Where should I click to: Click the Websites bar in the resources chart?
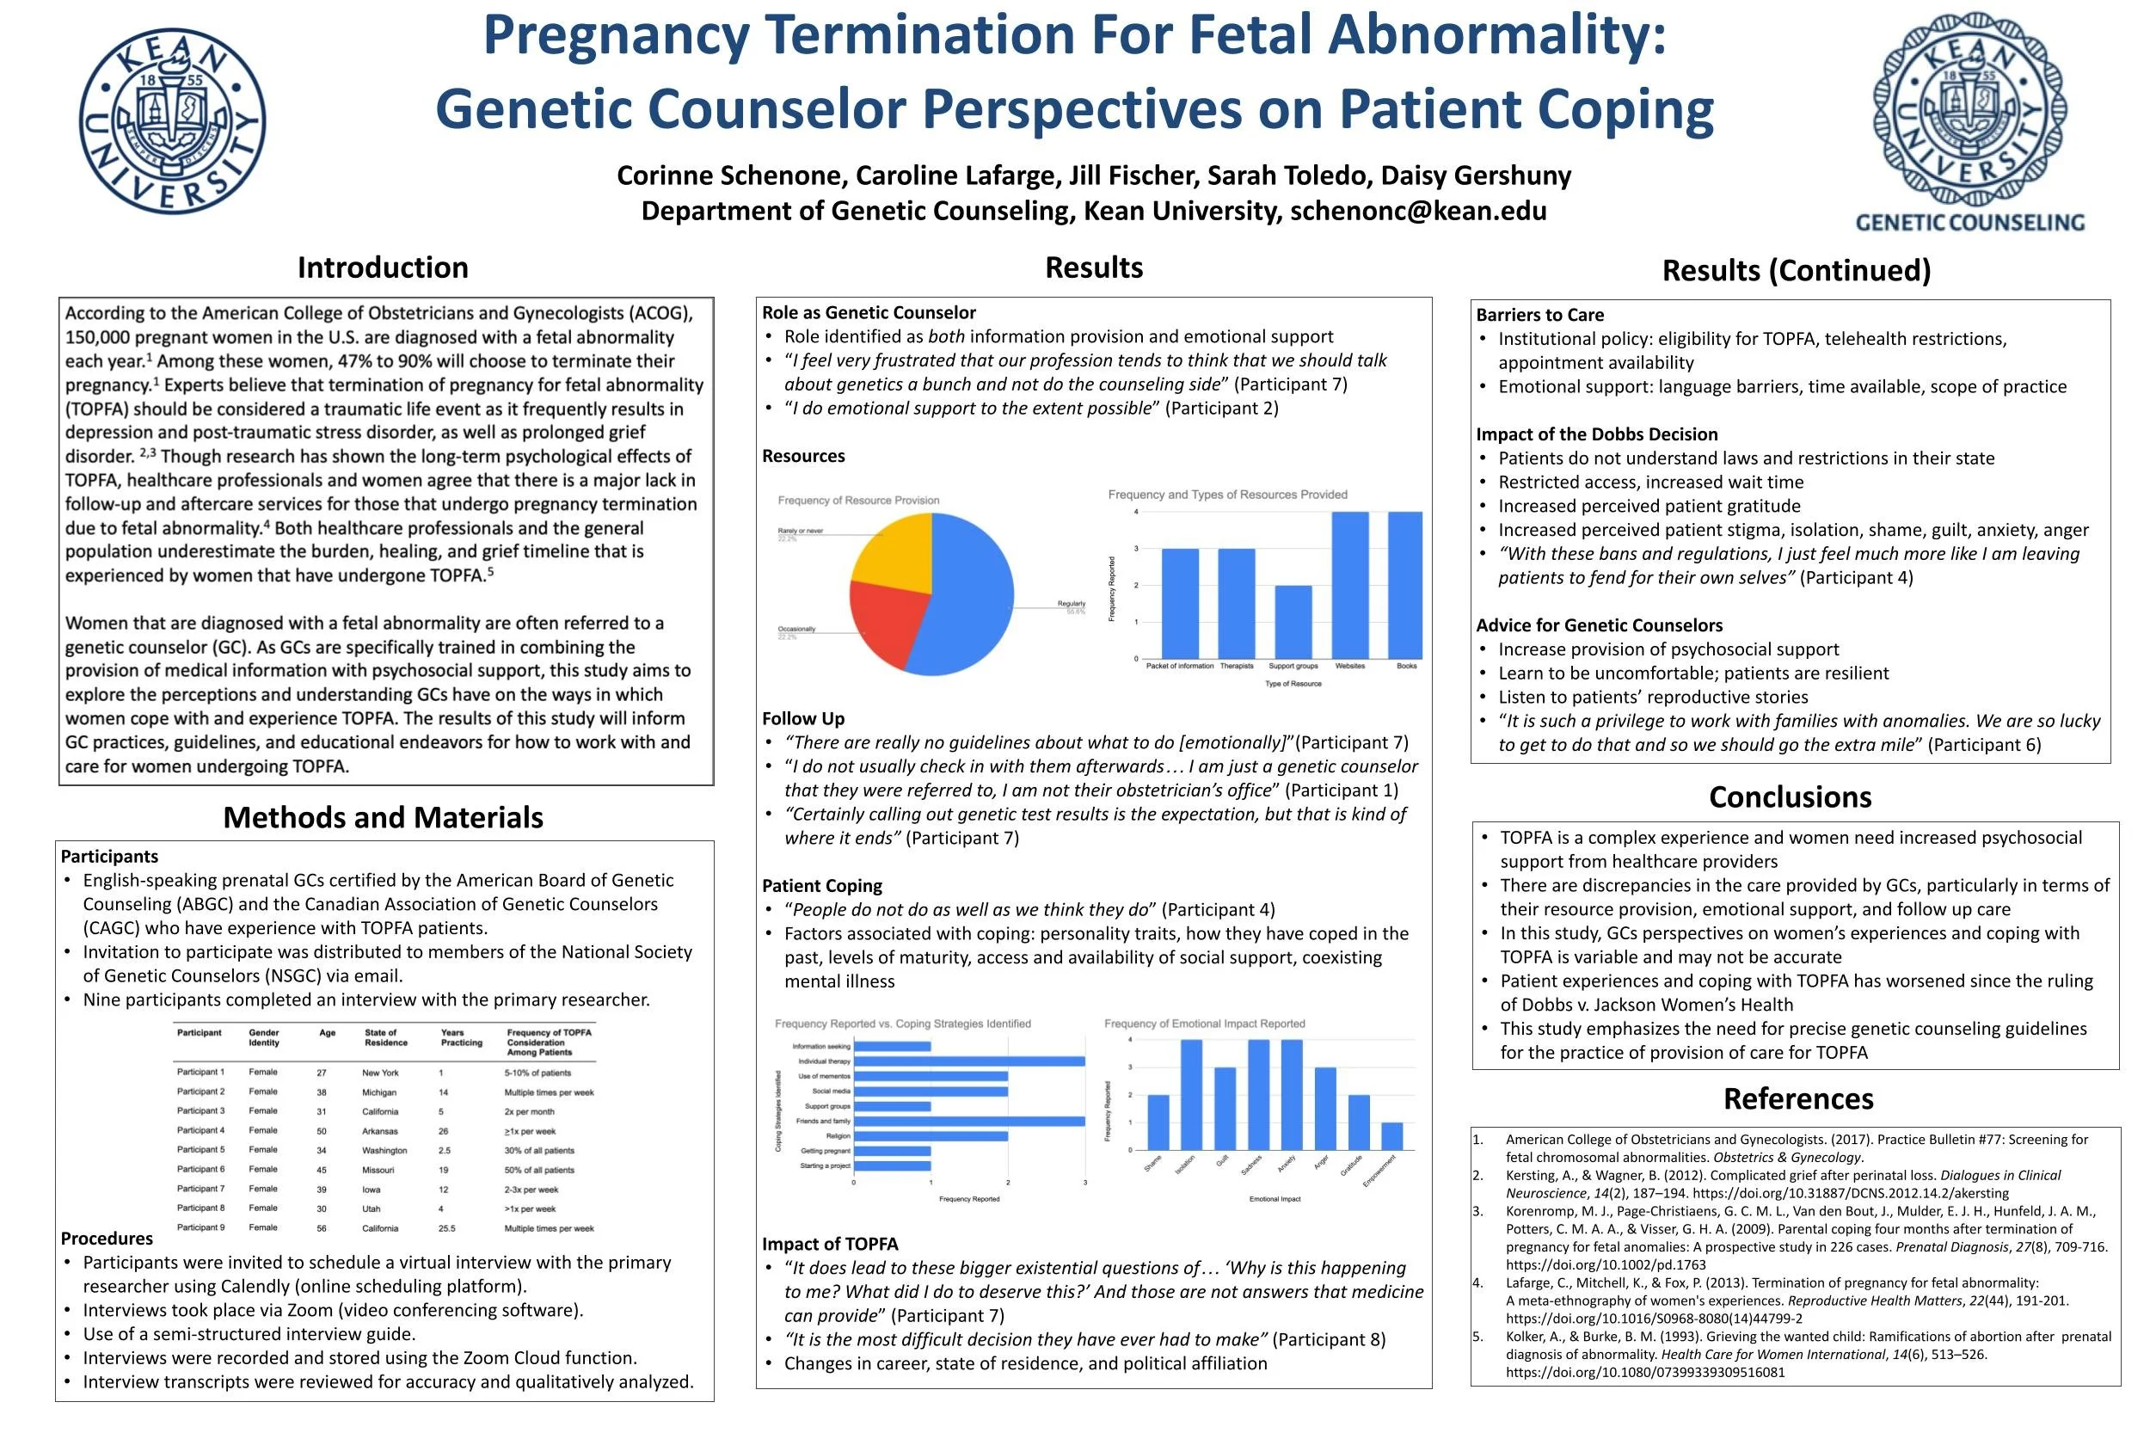(x=1349, y=585)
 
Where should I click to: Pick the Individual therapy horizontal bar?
(x=968, y=1061)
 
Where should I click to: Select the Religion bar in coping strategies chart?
(x=931, y=1136)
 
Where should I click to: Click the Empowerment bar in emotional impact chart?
(x=1391, y=1136)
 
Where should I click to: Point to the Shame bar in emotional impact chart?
(x=1158, y=1122)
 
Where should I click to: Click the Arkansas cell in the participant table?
(x=379, y=1131)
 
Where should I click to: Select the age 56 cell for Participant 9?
(x=322, y=1228)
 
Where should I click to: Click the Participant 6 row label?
(x=200, y=1170)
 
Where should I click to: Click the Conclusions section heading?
(x=1789, y=796)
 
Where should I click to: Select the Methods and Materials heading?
(x=383, y=817)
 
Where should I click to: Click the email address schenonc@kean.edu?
(x=1418, y=211)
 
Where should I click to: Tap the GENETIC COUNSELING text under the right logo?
(x=1969, y=222)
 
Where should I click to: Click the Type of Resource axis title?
(x=1292, y=684)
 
